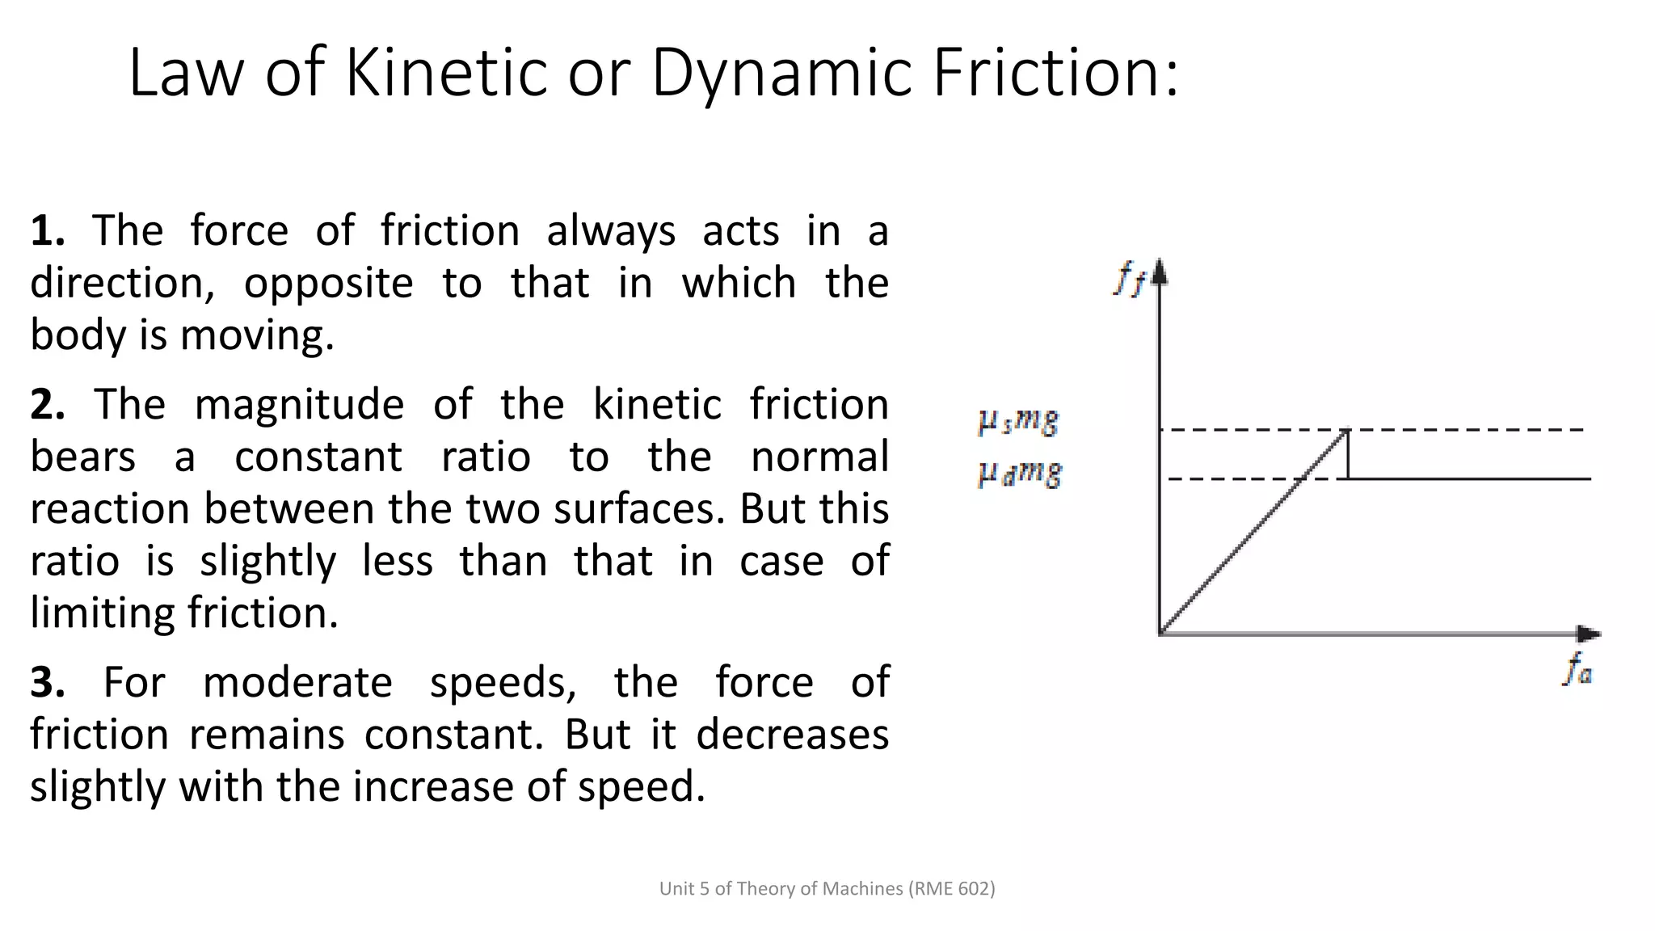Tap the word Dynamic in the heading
tap(781, 73)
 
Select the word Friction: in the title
tap(1055, 73)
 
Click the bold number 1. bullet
tap(48, 231)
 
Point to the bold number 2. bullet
tap(48, 405)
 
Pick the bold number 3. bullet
tap(48, 683)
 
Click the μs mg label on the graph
tap(1018, 422)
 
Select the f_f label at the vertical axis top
tap(1129, 280)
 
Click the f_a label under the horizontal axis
tap(1577, 670)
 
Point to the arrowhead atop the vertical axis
tap(1160, 272)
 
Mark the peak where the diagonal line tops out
tap(1346, 431)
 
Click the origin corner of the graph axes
tap(1160, 634)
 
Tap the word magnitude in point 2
tap(299, 405)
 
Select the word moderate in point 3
tap(297, 683)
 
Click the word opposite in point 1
tap(328, 284)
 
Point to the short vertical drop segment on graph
tap(1347, 455)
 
